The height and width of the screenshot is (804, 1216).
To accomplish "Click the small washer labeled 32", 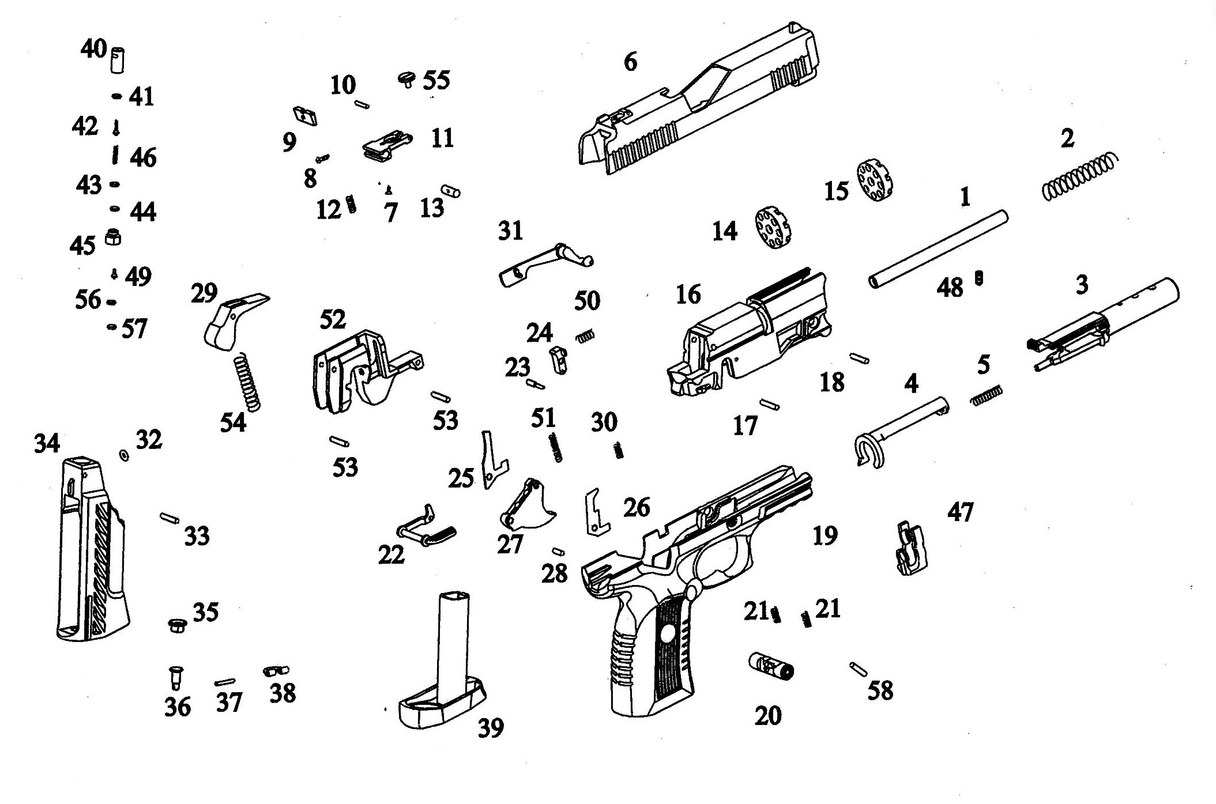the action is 123,455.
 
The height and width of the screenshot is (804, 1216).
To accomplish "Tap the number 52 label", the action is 333,320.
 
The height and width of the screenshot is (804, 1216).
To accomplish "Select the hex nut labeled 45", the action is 114,236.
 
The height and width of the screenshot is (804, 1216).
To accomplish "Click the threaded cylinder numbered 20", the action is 771,666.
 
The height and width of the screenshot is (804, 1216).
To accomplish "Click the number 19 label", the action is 825,536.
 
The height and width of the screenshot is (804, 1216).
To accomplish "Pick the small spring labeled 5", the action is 987,396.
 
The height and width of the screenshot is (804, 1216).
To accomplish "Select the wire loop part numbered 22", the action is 427,527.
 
